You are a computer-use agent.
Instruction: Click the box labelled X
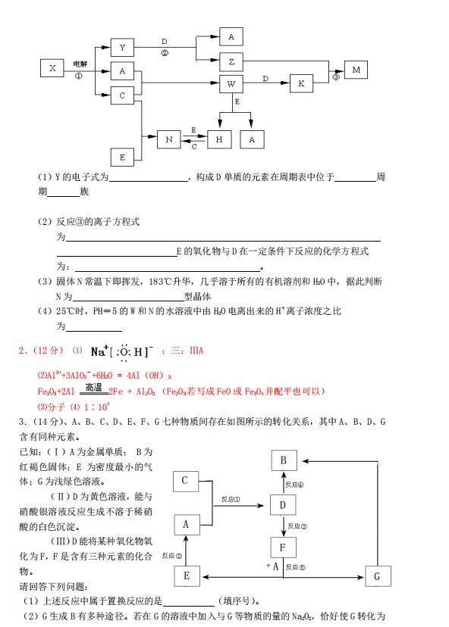click(x=52, y=68)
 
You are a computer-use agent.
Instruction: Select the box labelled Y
click(x=122, y=48)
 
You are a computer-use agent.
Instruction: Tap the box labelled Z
click(x=231, y=61)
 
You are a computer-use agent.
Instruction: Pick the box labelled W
click(x=231, y=83)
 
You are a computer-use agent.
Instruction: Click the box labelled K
click(x=300, y=83)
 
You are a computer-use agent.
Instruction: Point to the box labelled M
click(x=356, y=70)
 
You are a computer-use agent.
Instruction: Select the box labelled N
click(x=169, y=139)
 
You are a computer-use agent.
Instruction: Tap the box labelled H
click(x=220, y=139)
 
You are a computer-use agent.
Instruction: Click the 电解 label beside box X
click(x=80, y=64)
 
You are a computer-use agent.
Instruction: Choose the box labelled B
click(x=283, y=461)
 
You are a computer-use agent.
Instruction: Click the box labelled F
click(x=283, y=547)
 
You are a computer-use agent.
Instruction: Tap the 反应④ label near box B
click(x=294, y=485)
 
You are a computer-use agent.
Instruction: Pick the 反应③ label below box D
click(x=297, y=526)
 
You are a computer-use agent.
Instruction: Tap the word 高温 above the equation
click(x=93, y=385)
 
